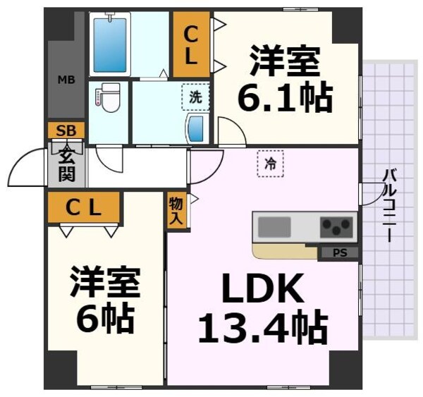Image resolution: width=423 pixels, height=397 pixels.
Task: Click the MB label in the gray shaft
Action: pos(66,79)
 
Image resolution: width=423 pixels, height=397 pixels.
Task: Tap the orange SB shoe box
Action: pos(66,130)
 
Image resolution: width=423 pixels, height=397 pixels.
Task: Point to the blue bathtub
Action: pos(110,44)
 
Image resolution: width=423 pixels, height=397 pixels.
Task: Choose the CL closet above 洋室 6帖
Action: pos(84,207)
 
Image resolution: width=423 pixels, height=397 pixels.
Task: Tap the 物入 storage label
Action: pos(176,211)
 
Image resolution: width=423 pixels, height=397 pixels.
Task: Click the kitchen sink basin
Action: pos(274,227)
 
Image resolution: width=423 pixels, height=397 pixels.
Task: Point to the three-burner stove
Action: pos(336,227)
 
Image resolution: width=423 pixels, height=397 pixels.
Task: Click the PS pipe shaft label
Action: pos(338,252)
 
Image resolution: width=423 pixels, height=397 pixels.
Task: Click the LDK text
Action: pos(264,288)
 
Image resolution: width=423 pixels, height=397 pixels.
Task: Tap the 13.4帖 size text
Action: pos(263,326)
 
